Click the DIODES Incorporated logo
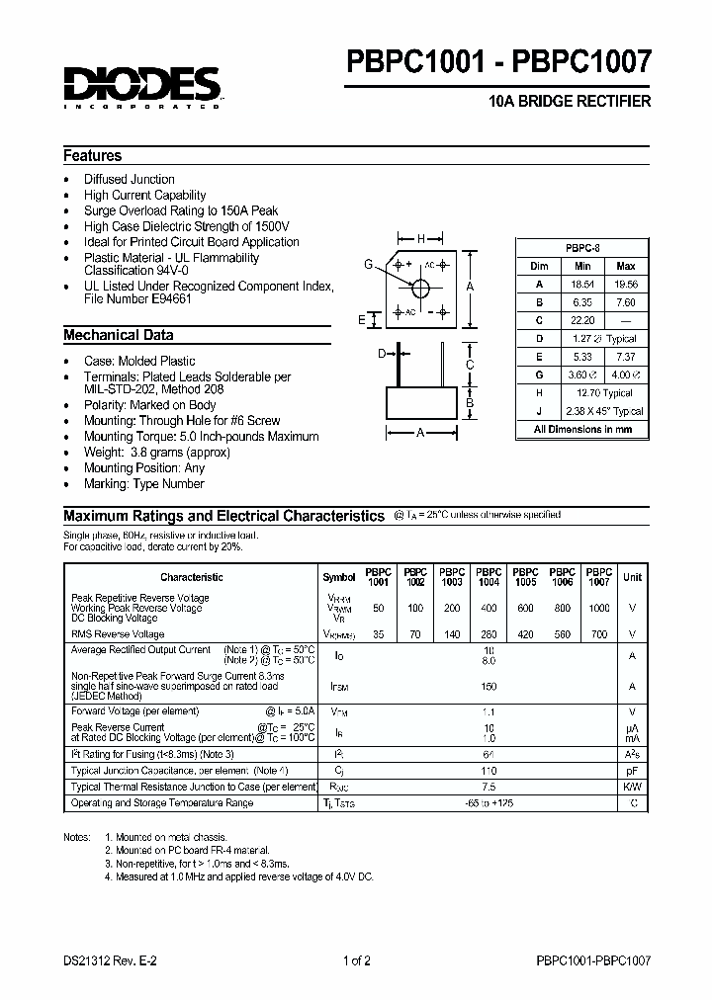point(142,86)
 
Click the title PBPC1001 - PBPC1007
point(497,63)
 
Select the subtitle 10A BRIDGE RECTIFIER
point(571,103)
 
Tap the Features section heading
point(93,156)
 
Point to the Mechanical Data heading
point(119,335)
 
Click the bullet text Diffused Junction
point(130,179)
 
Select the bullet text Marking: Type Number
point(144,483)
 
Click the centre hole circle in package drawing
point(421,289)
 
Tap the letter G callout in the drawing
point(369,264)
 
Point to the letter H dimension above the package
point(420,239)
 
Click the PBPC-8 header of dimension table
point(582,248)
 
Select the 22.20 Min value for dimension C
point(581,320)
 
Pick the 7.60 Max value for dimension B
point(626,302)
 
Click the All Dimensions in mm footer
point(582,430)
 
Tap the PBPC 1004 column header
point(489,577)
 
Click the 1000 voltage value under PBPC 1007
point(599,608)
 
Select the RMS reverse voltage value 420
point(525,634)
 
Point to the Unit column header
point(632,577)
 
